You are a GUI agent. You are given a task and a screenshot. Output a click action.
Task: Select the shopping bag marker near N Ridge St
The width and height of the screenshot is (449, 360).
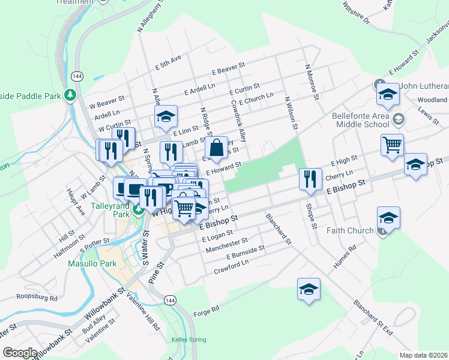point(216,148)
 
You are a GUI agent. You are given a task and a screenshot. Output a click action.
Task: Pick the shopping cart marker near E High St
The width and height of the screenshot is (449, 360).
point(391,145)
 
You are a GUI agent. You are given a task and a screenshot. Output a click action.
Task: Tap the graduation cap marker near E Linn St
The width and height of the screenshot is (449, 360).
point(166,117)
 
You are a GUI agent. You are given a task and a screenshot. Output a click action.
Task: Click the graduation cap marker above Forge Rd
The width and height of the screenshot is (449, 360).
point(309,290)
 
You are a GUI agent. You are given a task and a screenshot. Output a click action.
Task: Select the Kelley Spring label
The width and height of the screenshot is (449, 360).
point(189,340)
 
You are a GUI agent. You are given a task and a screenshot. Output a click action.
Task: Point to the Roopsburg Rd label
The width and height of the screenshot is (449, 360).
point(37,298)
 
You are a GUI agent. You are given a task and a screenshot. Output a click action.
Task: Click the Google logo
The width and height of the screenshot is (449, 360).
point(20,353)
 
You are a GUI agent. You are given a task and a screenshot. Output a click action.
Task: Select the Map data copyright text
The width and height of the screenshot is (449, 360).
point(424,355)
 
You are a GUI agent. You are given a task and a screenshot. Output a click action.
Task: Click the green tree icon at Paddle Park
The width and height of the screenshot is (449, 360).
point(70,95)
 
